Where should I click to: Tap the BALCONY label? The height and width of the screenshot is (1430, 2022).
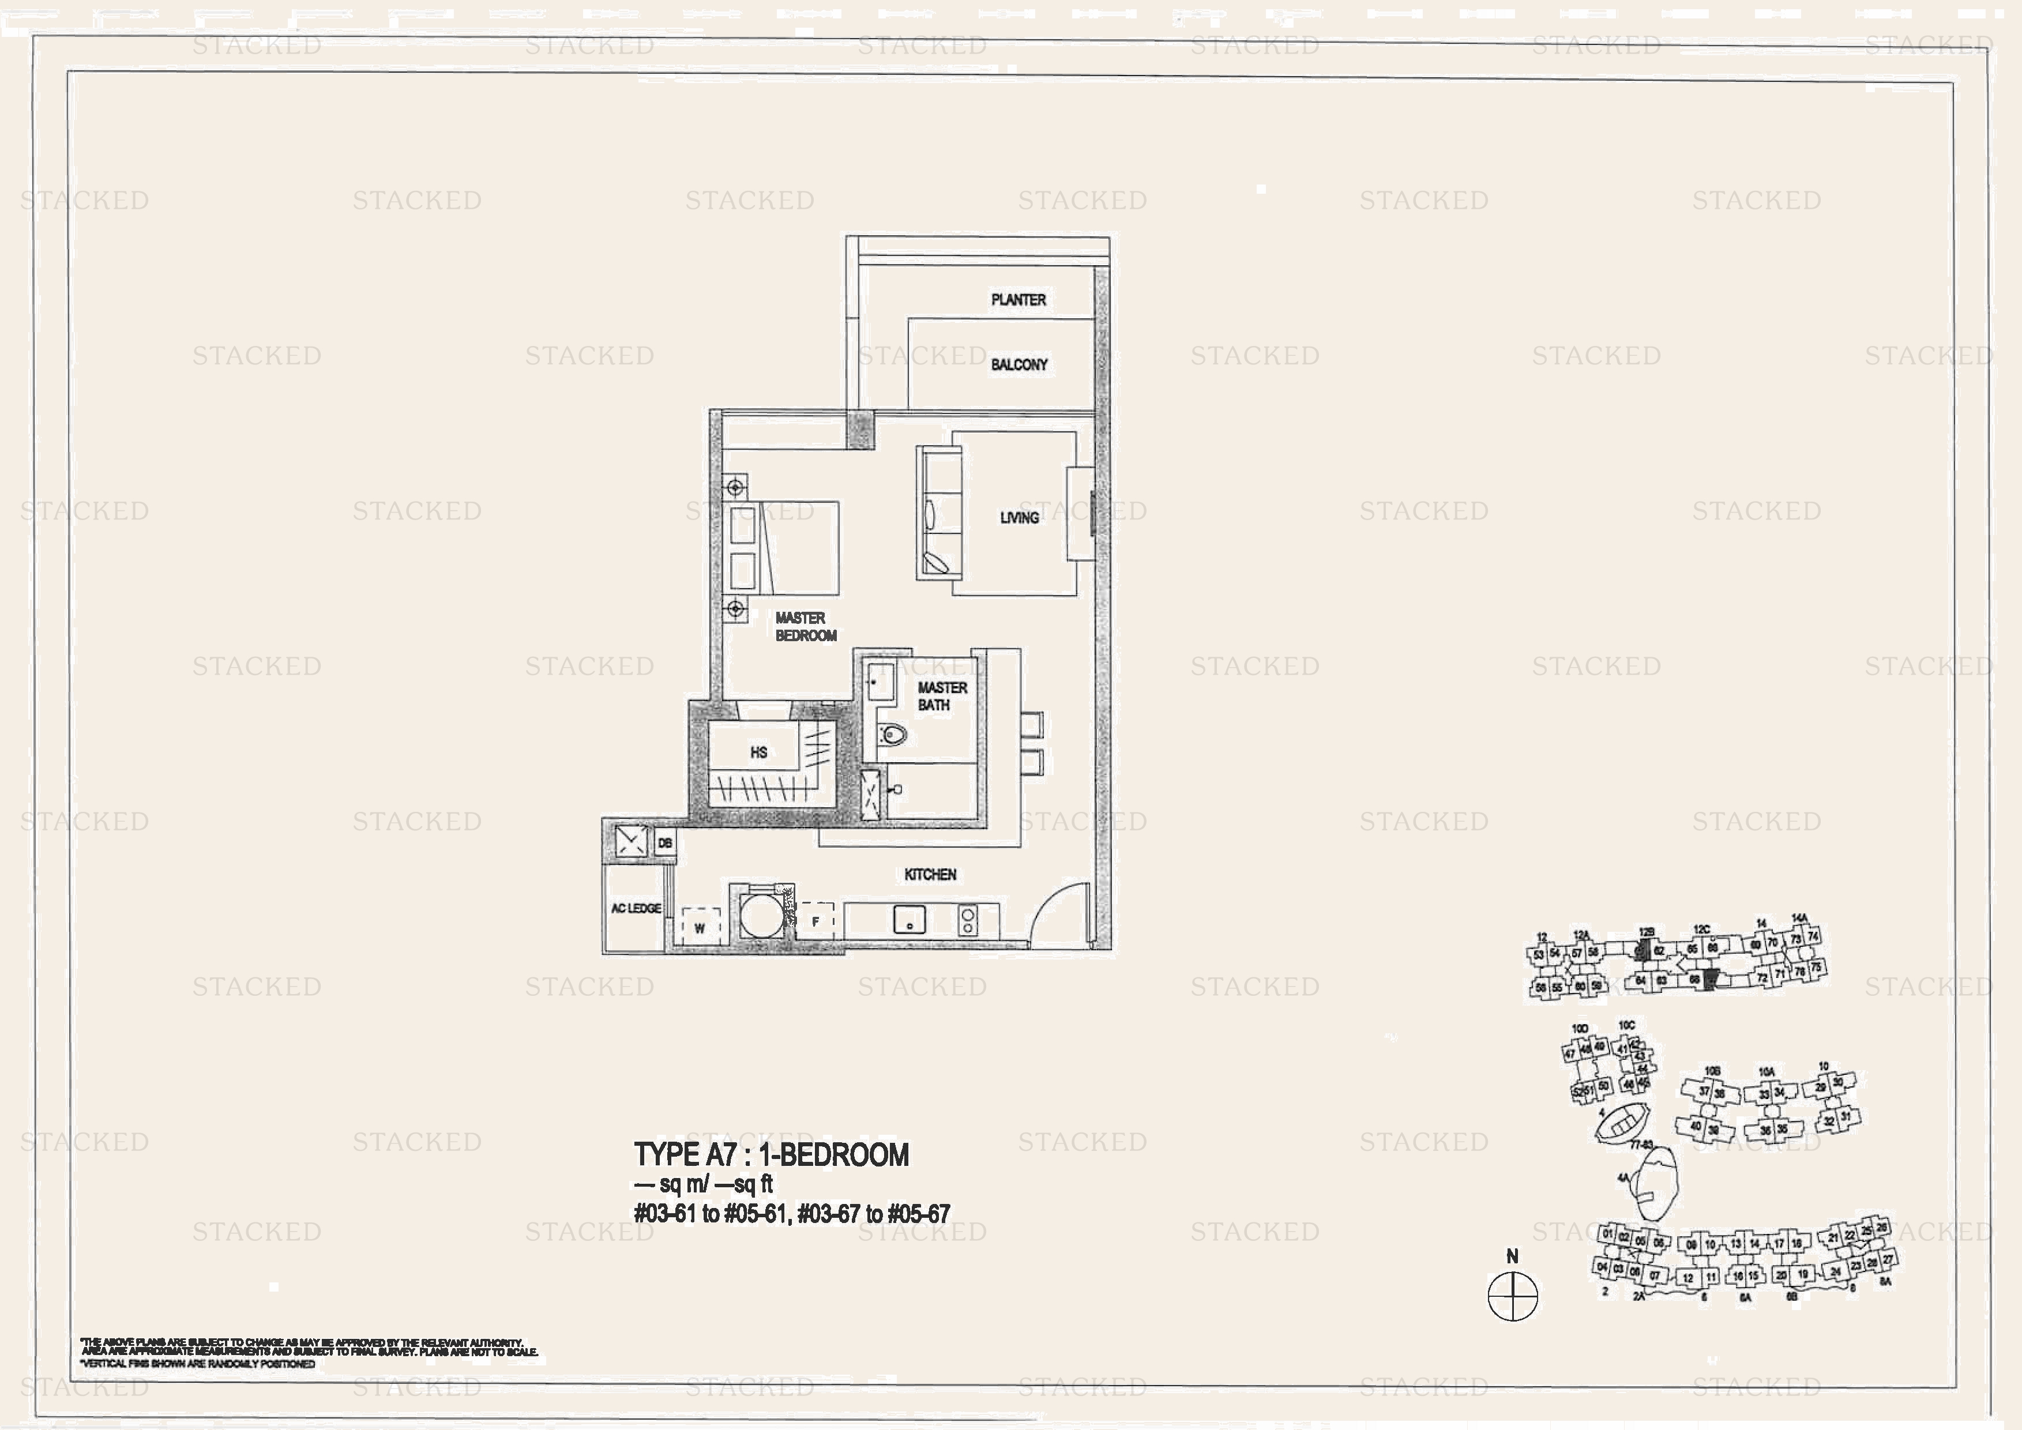(x=1019, y=364)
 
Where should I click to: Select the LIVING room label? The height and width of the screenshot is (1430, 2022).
(x=1019, y=518)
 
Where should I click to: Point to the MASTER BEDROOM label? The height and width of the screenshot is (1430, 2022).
(x=805, y=627)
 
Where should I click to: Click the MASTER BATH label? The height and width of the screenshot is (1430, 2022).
(x=941, y=695)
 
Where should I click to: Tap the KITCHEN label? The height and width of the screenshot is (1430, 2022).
(x=930, y=874)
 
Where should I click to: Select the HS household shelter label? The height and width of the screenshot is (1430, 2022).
(x=758, y=752)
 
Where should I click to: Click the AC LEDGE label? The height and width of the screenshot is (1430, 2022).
(x=636, y=908)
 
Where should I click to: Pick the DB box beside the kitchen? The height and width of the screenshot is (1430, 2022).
(x=665, y=842)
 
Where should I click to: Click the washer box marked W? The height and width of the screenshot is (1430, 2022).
(x=700, y=927)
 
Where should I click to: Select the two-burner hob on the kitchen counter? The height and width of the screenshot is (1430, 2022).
(x=968, y=921)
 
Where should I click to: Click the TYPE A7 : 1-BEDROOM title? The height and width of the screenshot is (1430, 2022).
(x=771, y=1154)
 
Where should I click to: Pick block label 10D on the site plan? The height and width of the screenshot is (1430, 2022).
(x=1580, y=1028)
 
